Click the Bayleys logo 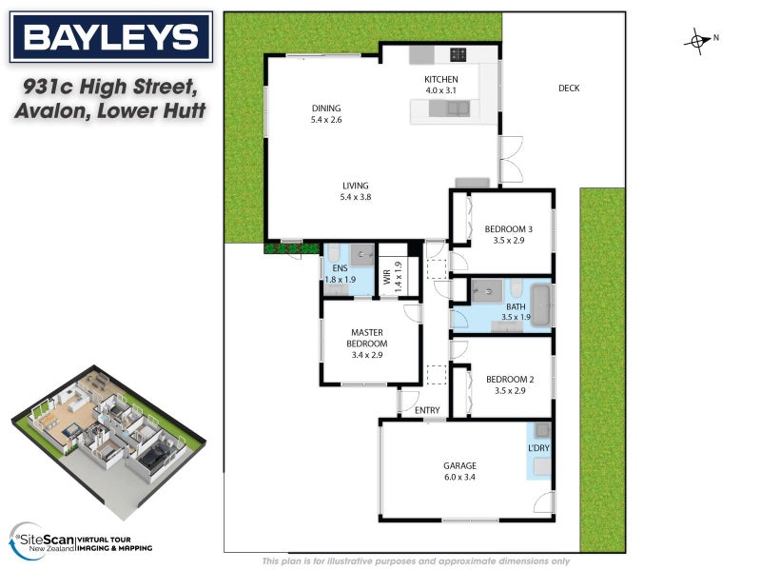(109, 38)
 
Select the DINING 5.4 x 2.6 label (326, 114)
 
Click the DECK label (569, 88)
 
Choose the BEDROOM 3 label (508, 234)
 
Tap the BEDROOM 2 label (508, 384)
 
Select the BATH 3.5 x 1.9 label (501, 311)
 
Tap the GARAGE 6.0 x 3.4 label (460, 472)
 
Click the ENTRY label (428, 411)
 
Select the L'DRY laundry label (538, 447)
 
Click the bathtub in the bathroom (540, 305)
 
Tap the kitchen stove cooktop (458, 53)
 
